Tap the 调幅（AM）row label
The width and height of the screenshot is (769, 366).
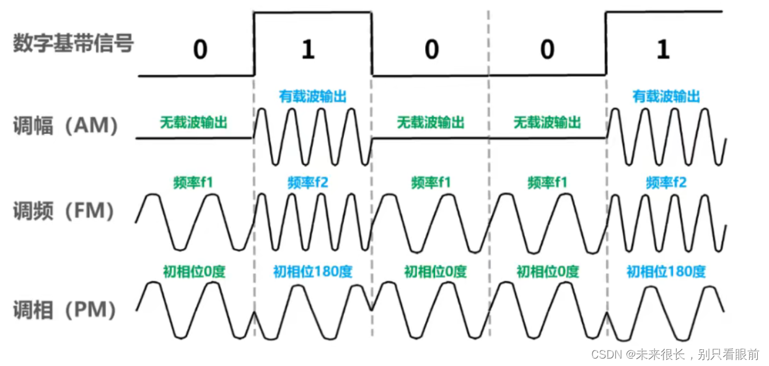(66, 126)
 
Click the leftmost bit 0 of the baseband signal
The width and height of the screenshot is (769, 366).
(200, 50)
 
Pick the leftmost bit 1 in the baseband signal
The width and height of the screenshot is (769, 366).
(308, 50)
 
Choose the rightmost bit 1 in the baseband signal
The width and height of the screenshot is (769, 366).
(663, 50)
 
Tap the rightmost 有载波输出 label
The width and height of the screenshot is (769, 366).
(666, 97)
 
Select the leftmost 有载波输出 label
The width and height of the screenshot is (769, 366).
(312, 97)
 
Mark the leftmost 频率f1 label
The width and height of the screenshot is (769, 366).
(194, 182)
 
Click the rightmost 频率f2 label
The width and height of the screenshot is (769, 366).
(666, 182)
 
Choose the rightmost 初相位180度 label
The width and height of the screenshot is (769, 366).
(666, 271)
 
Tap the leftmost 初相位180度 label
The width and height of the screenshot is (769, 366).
(312, 271)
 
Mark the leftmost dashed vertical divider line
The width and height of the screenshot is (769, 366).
(254, 205)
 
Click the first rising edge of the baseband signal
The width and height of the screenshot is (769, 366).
(255, 43)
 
